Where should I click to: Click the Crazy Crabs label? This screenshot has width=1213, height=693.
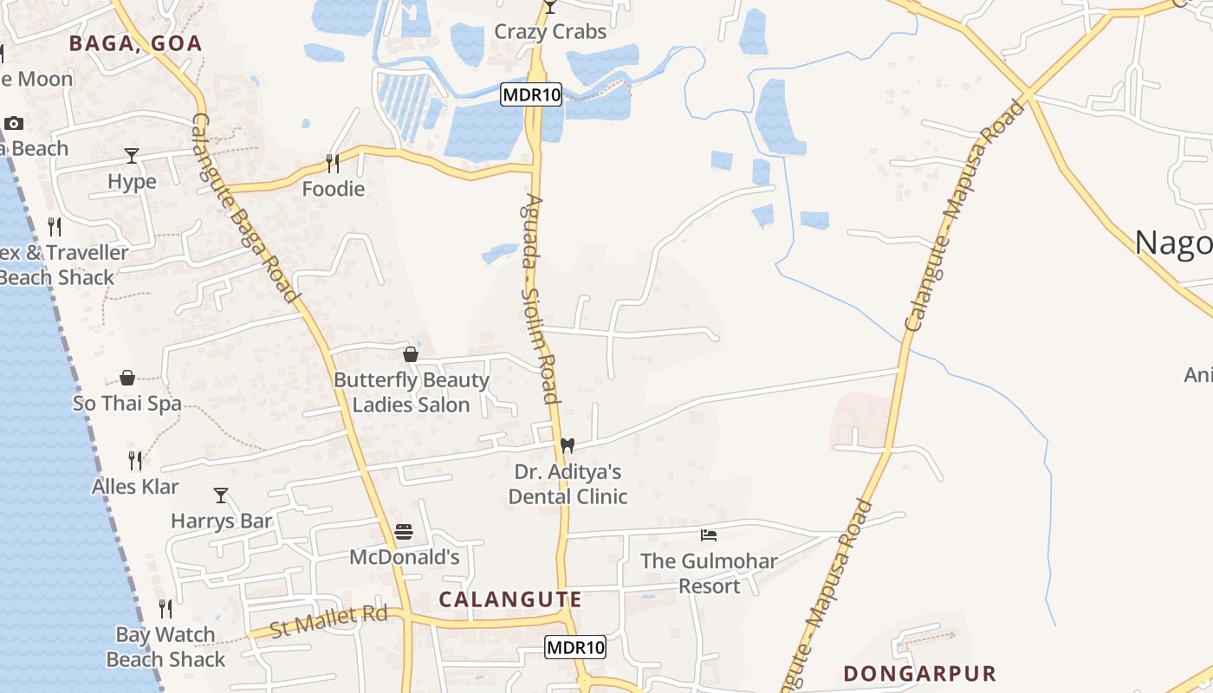(x=550, y=32)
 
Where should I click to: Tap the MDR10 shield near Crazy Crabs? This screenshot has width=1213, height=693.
(x=531, y=94)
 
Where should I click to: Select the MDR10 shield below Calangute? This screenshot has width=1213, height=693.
(x=575, y=646)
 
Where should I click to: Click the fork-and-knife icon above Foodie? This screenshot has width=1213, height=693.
(x=333, y=162)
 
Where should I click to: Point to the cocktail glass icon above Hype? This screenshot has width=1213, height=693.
(x=132, y=156)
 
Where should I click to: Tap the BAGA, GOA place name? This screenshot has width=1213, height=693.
(x=135, y=43)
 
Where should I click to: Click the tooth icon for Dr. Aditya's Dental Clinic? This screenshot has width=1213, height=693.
(x=568, y=445)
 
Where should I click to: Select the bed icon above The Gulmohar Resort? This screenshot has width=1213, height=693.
(x=709, y=535)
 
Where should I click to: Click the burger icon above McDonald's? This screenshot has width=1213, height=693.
(x=404, y=531)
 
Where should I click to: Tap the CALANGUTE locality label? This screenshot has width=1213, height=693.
(x=510, y=599)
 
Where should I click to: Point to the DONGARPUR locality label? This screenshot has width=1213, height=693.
(x=919, y=673)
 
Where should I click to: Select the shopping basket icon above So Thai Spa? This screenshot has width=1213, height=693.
(x=127, y=378)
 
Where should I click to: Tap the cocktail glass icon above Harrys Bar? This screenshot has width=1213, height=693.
(x=221, y=495)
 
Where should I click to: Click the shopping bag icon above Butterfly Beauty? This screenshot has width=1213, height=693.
(x=411, y=354)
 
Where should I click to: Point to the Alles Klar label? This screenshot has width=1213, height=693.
(x=135, y=487)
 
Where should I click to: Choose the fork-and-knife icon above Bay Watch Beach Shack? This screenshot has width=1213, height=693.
(x=165, y=609)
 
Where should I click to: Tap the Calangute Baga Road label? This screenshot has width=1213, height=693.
(x=244, y=208)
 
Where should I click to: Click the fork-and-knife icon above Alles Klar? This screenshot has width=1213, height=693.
(x=135, y=460)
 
